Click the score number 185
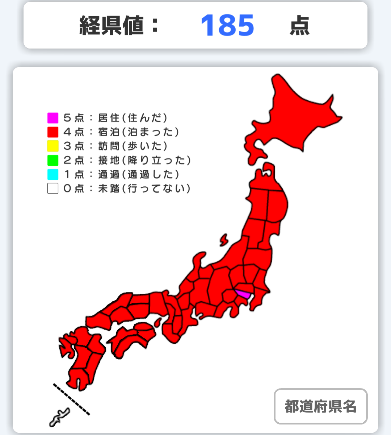pyautogui.click(x=227, y=26)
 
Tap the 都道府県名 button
pyautogui.click(x=320, y=406)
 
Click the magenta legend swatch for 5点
pyautogui.click(x=53, y=118)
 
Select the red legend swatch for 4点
pyautogui.click(x=53, y=132)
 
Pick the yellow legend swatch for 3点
pyautogui.click(x=53, y=146)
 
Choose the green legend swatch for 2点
pyautogui.click(x=53, y=160)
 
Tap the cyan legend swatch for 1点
pyautogui.click(x=53, y=174)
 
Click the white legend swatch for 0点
pyautogui.click(x=53, y=188)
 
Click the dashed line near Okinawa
pyautogui.click(x=71, y=399)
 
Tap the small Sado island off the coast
pyautogui.click(x=224, y=240)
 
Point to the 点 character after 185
pyautogui.click(x=299, y=26)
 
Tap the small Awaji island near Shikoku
pyautogui.click(x=157, y=322)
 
